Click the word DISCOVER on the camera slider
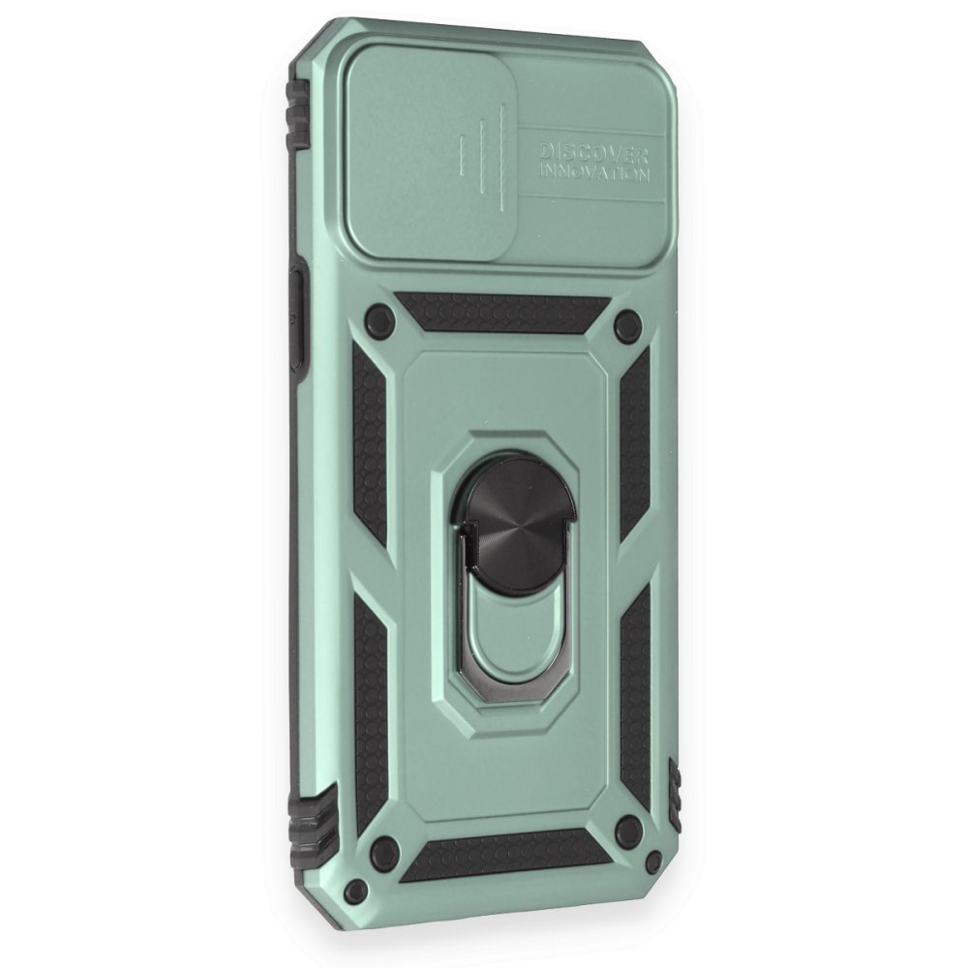pyautogui.click(x=594, y=152)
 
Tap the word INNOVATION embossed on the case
pyautogui.click(x=595, y=171)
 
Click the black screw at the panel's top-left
pyautogui.click(x=380, y=318)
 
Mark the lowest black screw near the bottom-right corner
pyautogui.click(x=653, y=860)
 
